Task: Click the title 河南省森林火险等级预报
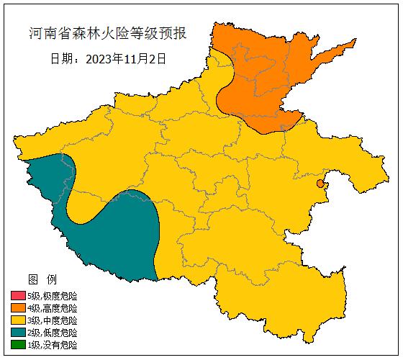pyautogui.click(x=107, y=33)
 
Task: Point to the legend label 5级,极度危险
pyautogui.click(x=52, y=296)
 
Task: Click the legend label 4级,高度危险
pyautogui.click(x=52, y=308)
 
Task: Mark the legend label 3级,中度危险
pyautogui.click(x=52, y=320)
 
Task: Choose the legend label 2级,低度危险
pyautogui.click(x=52, y=333)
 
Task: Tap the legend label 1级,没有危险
pyautogui.click(x=52, y=345)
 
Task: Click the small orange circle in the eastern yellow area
pyautogui.click(x=320, y=184)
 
